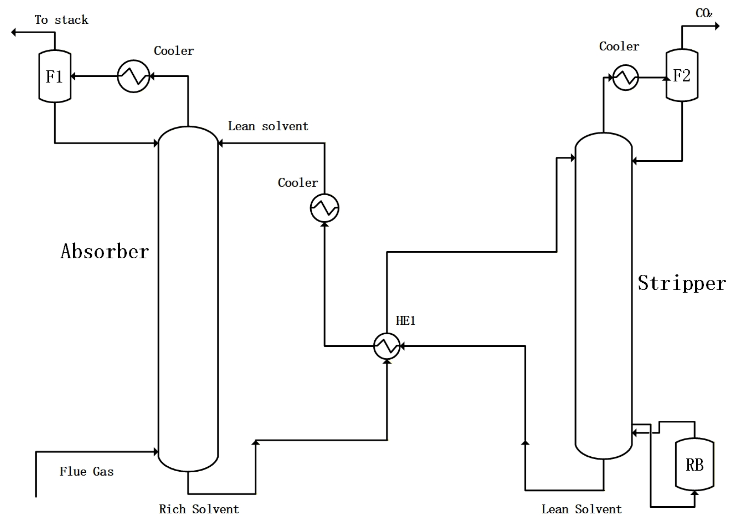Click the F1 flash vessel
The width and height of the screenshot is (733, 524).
(x=55, y=76)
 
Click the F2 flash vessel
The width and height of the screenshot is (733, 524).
(x=682, y=75)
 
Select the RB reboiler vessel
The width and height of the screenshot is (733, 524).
(x=694, y=465)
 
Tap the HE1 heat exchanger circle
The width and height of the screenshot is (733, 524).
(x=387, y=346)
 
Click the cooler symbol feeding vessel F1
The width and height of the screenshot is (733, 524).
(x=133, y=76)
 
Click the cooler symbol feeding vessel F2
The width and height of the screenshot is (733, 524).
(x=625, y=77)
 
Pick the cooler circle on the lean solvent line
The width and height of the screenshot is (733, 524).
(x=324, y=208)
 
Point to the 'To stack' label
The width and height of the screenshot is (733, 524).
(x=61, y=20)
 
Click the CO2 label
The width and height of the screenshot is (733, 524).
(x=704, y=13)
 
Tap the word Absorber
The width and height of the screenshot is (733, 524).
(x=104, y=252)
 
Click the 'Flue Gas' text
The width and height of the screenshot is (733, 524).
(x=86, y=472)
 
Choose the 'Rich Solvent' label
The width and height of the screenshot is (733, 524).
(x=199, y=509)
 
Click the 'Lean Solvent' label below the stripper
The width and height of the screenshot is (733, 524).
(x=581, y=509)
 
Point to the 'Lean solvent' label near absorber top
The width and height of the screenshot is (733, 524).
(x=268, y=126)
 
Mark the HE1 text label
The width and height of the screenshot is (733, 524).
(x=405, y=321)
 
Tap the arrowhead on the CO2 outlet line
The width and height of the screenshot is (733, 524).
(x=717, y=26)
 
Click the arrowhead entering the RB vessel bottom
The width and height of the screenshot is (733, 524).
(x=694, y=493)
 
